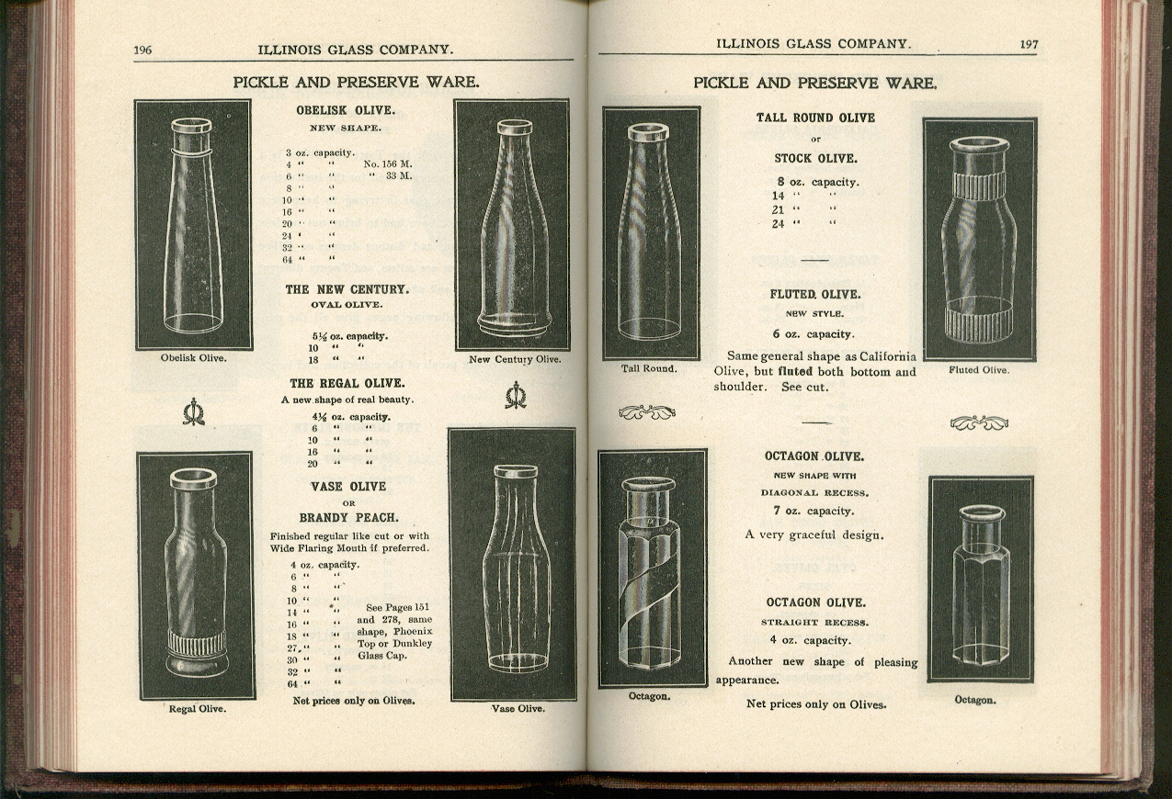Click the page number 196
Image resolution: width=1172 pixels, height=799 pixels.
coord(142,50)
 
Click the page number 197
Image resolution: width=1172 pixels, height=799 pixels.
coord(1028,44)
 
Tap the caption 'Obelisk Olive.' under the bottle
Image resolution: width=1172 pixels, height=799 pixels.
coord(193,358)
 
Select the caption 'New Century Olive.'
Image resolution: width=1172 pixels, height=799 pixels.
coord(514,359)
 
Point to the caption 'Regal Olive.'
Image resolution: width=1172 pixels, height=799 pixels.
coord(197,709)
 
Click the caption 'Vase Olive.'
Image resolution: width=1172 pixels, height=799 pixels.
coord(518,708)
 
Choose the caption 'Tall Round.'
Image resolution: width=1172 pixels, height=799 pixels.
coord(649,368)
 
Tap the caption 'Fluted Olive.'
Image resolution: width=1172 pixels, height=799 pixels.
coord(978,370)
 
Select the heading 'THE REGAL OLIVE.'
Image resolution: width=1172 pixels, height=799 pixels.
coord(347,383)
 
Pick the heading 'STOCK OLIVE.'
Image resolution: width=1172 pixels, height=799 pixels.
coord(814,158)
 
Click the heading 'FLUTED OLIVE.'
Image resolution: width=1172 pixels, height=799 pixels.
coord(814,295)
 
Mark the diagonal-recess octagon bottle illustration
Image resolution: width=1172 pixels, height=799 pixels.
coord(652,568)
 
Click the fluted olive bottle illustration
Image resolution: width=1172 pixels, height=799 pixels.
coord(979,239)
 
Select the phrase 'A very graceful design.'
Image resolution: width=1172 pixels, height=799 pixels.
coord(814,535)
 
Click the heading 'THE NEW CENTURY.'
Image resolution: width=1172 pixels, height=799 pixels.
coord(346,289)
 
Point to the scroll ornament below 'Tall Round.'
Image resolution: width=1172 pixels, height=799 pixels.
coord(647,412)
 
